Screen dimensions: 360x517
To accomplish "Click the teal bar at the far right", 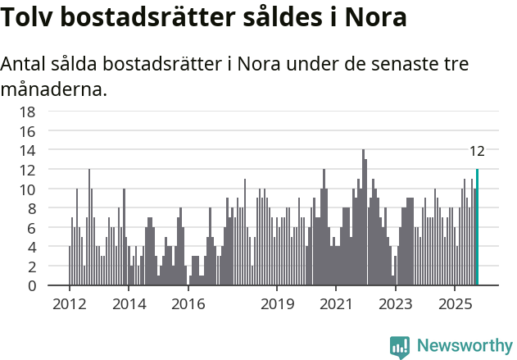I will click(477, 228).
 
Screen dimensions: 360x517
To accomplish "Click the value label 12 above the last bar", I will click(477, 151).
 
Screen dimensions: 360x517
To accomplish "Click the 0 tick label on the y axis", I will click(31, 286).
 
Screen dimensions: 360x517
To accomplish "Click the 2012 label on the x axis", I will click(69, 304).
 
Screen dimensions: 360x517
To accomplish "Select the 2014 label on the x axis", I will click(129, 304).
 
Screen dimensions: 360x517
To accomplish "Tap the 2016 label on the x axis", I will click(188, 304).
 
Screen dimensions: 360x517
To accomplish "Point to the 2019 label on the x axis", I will click(278, 304).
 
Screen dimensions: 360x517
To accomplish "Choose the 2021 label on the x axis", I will click(337, 304).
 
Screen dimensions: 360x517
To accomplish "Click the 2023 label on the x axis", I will click(397, 304).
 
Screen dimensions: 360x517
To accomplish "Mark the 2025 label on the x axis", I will click(456, 304).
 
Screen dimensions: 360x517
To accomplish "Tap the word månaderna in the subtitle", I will click(54, 89).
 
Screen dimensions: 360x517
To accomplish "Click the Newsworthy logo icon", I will click(400, 347).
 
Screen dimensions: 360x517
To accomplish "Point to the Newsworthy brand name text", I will click(464, 346).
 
